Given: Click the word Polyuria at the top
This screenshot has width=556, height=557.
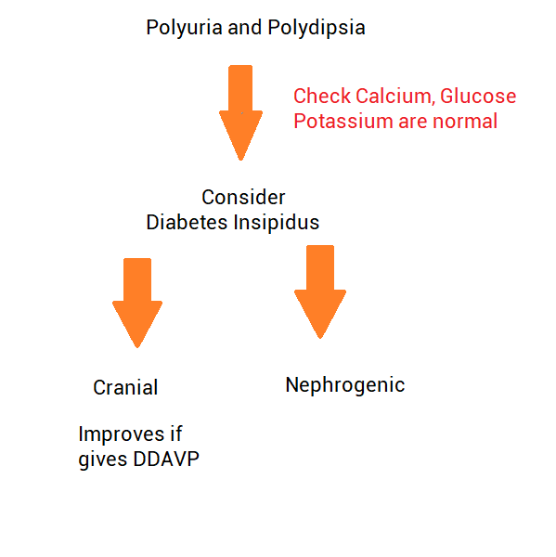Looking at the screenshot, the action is pyautogui.click(x=184, y=28).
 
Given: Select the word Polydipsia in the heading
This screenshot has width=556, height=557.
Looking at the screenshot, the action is pyautogui.click(x=317, y=28).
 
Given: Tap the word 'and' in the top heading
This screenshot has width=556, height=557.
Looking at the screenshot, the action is pyautogui.click(x=245, y=28).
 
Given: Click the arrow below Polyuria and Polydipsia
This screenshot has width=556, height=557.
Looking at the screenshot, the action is pyautogui.click(x=240, y=112).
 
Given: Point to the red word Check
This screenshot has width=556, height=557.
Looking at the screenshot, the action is pyautogui.click(x=322, y=96).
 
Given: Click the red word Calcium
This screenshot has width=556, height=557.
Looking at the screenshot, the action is pyautogui.click(x=395, y=97).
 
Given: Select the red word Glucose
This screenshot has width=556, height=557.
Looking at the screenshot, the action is pyautogui.click(x=478, y=97).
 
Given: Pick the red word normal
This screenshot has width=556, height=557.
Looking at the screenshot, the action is pyautogui.click(x=465, y=121).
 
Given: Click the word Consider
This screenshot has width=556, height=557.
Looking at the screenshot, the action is pyautogui.click(x=243, y=197).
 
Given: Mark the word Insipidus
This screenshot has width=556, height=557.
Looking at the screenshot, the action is pyautogui.click(x=277, y=223).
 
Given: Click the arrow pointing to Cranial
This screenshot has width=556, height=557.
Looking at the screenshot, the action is pyautogui.click(x=137, y=303).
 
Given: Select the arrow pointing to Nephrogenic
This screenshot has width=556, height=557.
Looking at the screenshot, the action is pyautogui.click(x=320, y=291).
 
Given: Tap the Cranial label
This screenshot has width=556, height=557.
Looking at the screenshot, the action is pyautogui.click(x=125, y=387).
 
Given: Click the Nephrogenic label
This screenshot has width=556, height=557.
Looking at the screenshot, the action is pyautogui.click(x=345, y=385).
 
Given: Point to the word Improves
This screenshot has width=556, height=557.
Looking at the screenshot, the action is pyautogui.click(x=122, y=434).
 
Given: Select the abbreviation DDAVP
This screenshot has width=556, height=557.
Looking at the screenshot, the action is pyautogui.click(x=166, y=459).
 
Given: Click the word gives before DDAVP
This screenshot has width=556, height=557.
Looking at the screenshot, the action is pyautogui.click(x=103, y=460).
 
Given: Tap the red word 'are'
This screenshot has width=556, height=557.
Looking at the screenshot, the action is pyautogui.click(x=412, y=123).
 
